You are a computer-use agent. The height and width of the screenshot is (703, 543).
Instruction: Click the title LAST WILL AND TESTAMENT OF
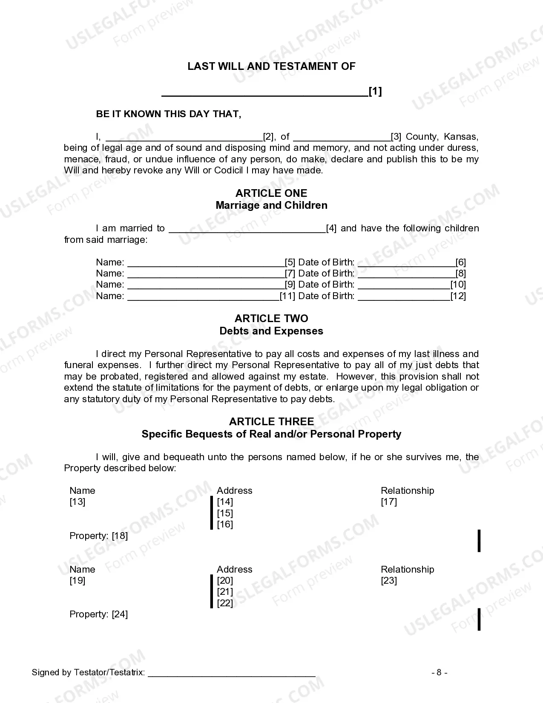pyautogui.click(x=271, y=66)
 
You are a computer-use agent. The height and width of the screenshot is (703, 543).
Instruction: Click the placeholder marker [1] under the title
pyautogui.click(x=375, y=91)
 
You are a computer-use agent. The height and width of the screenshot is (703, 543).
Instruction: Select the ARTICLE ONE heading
pyautogui.click(x=271, y=193)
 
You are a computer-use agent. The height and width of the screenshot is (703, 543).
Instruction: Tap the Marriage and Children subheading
pyautogui.click(x=271, y=205)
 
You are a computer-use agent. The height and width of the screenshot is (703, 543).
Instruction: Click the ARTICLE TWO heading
pyautogui.click(x=271, y=319)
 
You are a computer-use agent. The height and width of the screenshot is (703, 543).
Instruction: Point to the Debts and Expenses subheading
pyautogui.click(x=271, y=331)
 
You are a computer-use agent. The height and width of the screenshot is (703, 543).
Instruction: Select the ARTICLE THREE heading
pyautogui.click(x=271, y=422)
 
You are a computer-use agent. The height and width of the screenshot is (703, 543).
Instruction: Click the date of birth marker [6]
pyautogui.click(x=460, y=262)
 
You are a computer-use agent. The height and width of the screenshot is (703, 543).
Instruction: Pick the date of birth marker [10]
pyautogui.click(x=458, y=285)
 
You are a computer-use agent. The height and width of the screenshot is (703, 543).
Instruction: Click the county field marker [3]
pyautogui.click(x=396, y=137)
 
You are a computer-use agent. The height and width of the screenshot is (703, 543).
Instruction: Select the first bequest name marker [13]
pyautogui.click(x=78, y=502)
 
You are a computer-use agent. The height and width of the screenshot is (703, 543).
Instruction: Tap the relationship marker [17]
pyautogui.click(x=389, y=502)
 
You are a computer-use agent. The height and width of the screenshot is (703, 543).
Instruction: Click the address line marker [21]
pyautogui.click(x=225, y=592)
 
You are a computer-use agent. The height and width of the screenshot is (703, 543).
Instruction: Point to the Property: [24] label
pyautogui.click(x=99, y=614)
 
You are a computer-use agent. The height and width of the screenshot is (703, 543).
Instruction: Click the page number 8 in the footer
pyautogui.click(x=439, y=673)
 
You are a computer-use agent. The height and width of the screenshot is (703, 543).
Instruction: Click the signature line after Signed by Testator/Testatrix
pyautogui.click(x=232, y=673)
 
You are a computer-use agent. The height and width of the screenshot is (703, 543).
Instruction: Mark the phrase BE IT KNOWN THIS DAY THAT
pyautogui.click(x=169, y=114)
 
